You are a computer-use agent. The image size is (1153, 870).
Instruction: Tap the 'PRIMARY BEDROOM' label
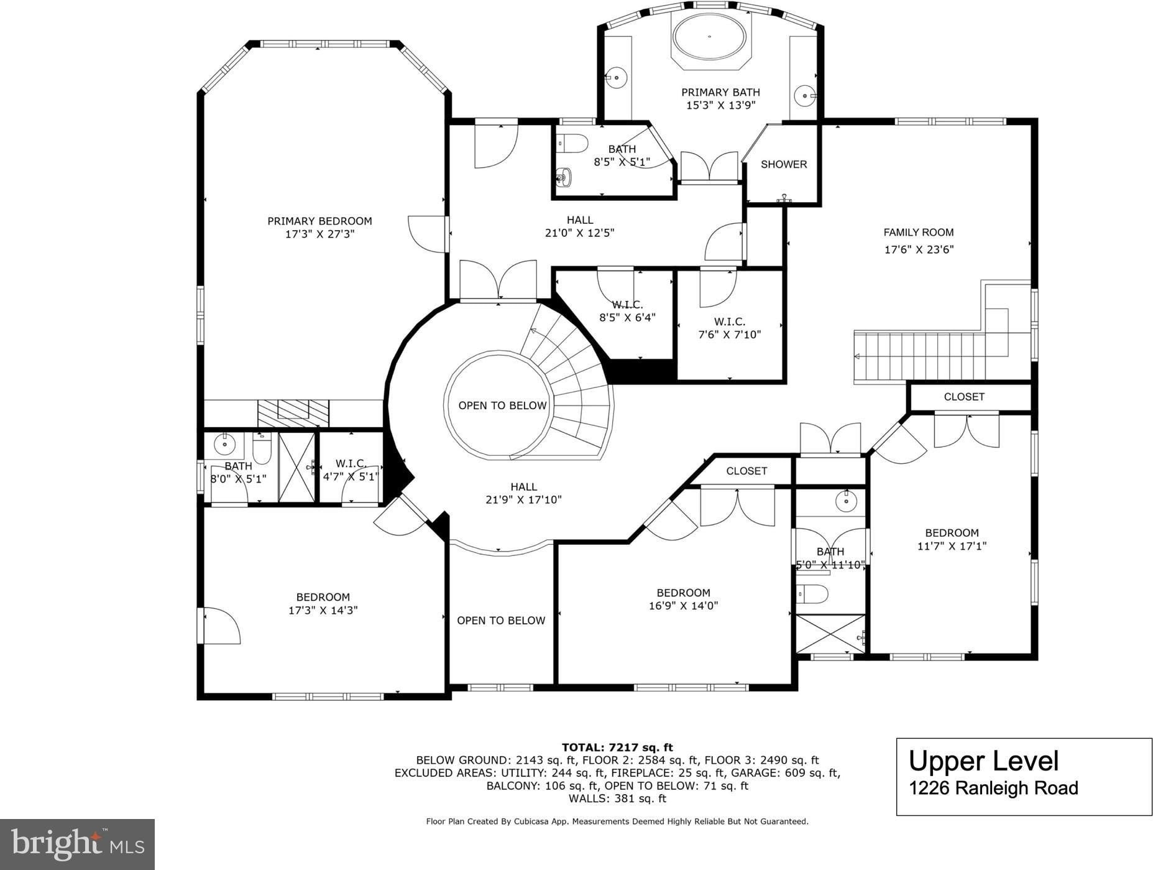click(x=319, y=221)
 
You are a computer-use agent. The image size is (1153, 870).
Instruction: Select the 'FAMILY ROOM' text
click(x=919, y=233)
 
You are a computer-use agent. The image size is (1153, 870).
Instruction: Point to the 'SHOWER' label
click(x=784, y=164)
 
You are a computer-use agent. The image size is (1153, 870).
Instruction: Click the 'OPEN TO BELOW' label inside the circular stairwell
click(x=502, y=405)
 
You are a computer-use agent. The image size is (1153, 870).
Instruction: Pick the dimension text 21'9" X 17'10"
click(x=523, y=499)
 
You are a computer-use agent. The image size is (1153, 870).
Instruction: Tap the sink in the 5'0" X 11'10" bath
click(x=846, y=500)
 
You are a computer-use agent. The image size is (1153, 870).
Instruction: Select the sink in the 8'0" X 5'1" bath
click(x=224, y=444)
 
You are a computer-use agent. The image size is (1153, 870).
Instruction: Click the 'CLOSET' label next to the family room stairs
click(x=964, y=397)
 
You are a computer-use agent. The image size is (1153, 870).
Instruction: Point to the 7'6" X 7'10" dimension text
click(x=730, y=335)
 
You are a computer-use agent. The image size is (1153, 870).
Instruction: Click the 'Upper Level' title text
click(x=983, y=761)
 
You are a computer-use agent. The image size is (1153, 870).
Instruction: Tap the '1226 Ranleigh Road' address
click(x=993, y=789)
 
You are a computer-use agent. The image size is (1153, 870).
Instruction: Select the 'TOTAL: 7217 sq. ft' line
click(x=617, y=747)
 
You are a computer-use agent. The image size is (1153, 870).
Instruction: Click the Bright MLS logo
click(x=77, y=844)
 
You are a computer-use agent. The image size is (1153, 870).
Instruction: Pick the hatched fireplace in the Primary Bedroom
click(x=293, y=413)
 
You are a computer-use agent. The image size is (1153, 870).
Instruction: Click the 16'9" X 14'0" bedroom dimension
click(x=683, y=606)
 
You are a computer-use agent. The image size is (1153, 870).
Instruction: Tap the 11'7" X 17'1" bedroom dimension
click(x=952, y=547)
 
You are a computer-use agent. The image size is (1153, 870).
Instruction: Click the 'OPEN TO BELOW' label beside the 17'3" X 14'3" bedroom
click(x=501, y=621)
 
